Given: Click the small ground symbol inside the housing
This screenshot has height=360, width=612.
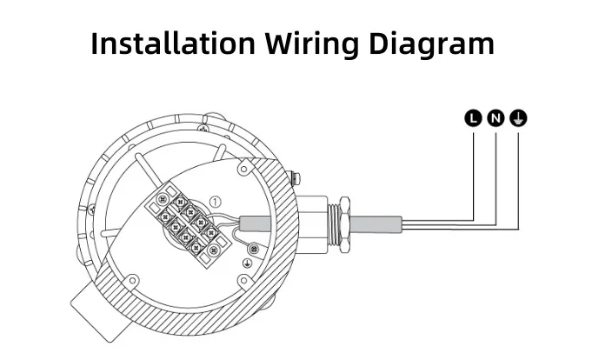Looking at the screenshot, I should coord(247,259).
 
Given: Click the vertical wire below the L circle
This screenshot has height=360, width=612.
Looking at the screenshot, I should coord(473,170).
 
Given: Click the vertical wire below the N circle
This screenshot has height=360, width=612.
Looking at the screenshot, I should coord(496,174).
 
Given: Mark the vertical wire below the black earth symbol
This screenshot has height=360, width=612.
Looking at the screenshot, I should coord(518,178).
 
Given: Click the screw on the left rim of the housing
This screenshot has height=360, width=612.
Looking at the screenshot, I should coord(90,210).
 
